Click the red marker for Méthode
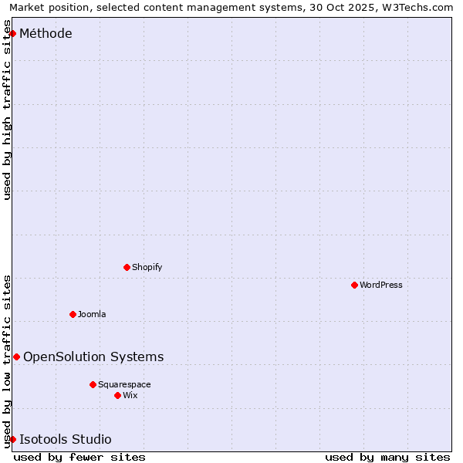[12, 33]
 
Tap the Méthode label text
[46, 33]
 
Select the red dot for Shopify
[127, 267]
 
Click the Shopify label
[147, 267]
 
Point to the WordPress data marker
[354, 285]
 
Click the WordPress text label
[380, 285]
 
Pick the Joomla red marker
[73, 314]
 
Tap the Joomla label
[92, 314]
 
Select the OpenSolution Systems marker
[16, 357]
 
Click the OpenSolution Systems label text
[93, 357]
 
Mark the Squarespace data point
[93, 384]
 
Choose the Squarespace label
[124, 384]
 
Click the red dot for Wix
[117, 395]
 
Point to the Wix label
[130, 395]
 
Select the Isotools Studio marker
[12, 439]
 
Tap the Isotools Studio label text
[65, 439]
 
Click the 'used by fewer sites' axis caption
[79, 457]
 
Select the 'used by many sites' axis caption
[387, 457]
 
